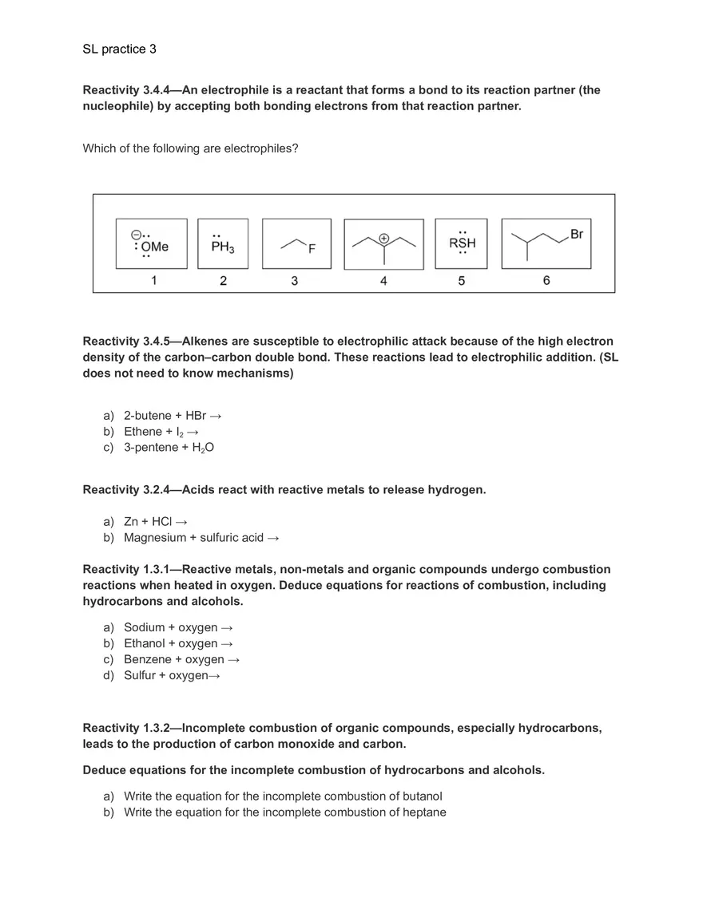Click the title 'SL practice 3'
point(119,49)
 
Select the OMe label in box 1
point(155,247)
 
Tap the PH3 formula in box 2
point(223,248)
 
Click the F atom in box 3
point(312,249)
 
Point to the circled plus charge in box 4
point(384,238)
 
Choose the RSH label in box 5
point(462,243)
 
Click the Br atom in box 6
point(577,234)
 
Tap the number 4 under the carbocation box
point(383,281)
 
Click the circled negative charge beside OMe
point(136,235)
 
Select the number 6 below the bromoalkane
point(546,281)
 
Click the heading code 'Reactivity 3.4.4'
point(133,90)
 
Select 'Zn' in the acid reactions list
point(131,522)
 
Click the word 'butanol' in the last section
point(419,796)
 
